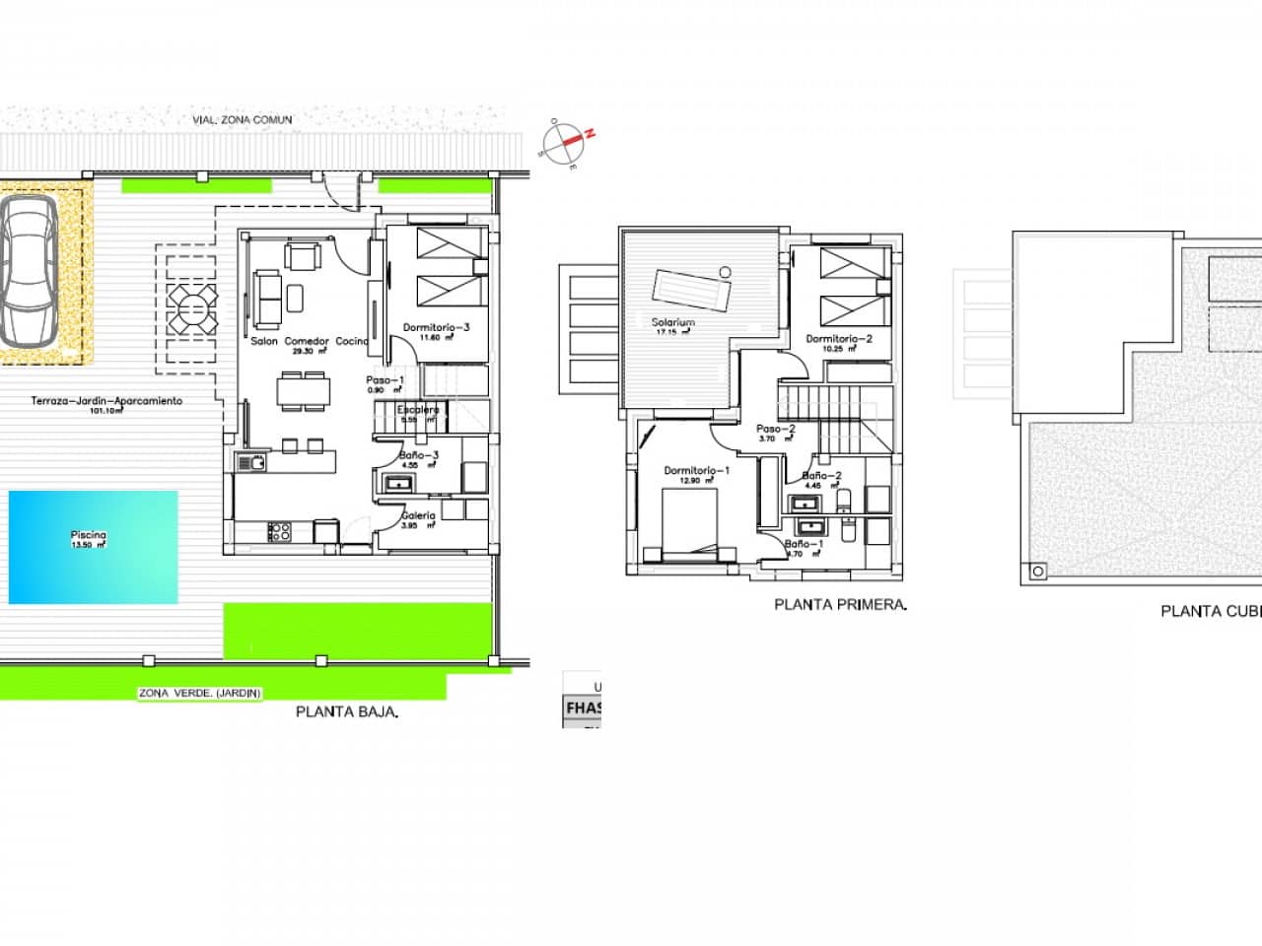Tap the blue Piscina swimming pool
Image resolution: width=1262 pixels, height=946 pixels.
pyautogui.click(x=94, y=547)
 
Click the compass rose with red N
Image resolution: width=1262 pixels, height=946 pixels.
pyautogui.click(x=568, y=142)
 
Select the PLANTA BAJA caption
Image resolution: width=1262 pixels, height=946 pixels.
pyautogui.click(x=347, y=711)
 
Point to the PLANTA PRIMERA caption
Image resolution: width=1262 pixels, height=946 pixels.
pyautogui.click(x=840, y=605)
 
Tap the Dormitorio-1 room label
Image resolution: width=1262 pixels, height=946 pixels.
pyautogui.click(x=696, y=471)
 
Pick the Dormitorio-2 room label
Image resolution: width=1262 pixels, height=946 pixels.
pyautogui.click(x=839, y=339)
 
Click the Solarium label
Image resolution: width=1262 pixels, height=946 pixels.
pyautogui.click(x=673, y=322)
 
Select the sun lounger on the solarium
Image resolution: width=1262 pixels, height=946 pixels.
pyautogui.click(x=691, y=291)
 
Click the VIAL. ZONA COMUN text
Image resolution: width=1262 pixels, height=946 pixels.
pyautogui.click(x=243, y=120)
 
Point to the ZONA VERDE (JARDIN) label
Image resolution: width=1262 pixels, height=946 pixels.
pyautogui.click(x=200, y=694)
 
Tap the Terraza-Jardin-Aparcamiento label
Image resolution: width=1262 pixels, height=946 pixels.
pyautogui.click(x=106, y=401)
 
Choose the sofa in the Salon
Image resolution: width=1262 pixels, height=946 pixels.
pyautogui.click(x=266, y=299)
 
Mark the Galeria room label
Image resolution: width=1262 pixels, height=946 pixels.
pyautogui.click(x=418, y=515)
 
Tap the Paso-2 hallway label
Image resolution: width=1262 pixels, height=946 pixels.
pyautogui.click(x=775, y=430)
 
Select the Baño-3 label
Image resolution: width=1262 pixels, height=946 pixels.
pyautogui.click(x=419, y=456)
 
